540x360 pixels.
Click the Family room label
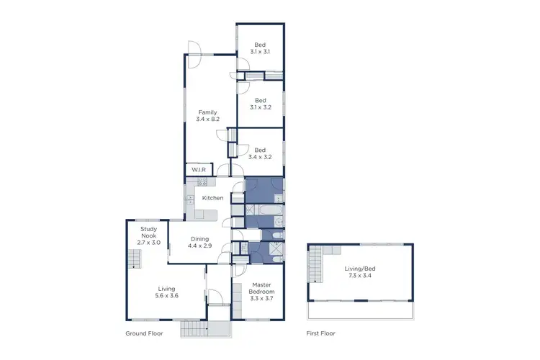[x=207, y=112]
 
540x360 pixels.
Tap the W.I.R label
[x=199, y=171]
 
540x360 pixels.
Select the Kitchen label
[x=212, y=198]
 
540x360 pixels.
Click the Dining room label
[x=199, y=239]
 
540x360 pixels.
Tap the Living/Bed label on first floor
[x=360, y=268]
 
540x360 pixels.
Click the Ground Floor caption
[x=144, y=333]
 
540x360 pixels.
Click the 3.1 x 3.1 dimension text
[x=259, y=52]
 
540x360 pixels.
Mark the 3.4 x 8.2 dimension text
[x=207, y=119]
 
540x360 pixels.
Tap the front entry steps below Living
[x=192, y=328]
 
